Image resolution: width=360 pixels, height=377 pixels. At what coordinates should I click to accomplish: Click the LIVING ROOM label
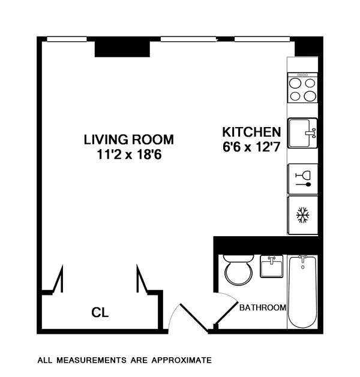(128, 140)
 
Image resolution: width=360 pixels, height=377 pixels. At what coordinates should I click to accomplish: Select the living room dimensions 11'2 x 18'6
(128, 154)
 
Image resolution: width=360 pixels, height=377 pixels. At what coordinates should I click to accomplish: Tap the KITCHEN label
(251, 132)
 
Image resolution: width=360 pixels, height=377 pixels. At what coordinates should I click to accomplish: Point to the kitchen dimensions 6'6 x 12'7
(251, 146)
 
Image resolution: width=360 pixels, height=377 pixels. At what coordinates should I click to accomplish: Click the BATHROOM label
(262, 308)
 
